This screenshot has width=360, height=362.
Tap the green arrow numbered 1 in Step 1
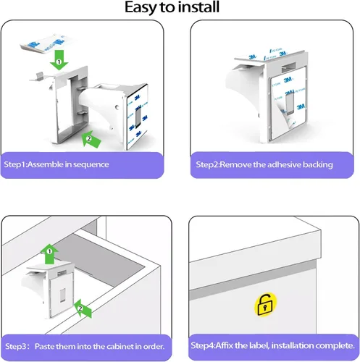pyautogui.click(x=59, y=60)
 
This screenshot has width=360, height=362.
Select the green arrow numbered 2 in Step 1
pyautogui.click(x=91, y=139)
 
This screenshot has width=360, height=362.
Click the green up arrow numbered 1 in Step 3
pyautogui.click(x=49, y=254)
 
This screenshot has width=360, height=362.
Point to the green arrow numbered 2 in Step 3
pyautogui.click(x=83, y=308)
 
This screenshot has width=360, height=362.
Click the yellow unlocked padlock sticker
pyautogui.click(x=265, y=305)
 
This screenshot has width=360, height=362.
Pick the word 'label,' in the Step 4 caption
pyautogui.click(x=259, y=345)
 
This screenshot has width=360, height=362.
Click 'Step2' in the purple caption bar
pyautogui.click(x=207, y=164)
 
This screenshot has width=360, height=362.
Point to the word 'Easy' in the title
pyautogui.click(x=141, y=8)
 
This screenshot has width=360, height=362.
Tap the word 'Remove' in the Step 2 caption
pyautogui.click(x=236, y=164)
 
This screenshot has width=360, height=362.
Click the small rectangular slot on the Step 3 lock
pyautogui.click(x=62, y=295)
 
